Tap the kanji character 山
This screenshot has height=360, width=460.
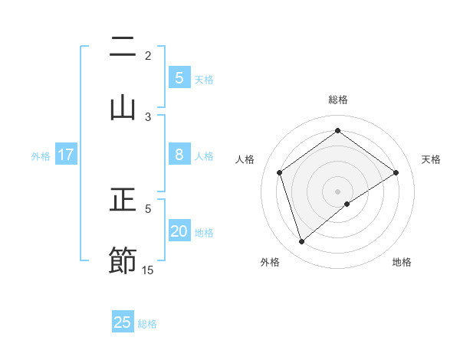[x=123, y=107]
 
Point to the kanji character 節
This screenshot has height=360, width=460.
[x=123, y=260]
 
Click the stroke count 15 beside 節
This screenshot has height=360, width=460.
[x=148, y=270]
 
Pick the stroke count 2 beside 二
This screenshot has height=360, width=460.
[x=148, y=55]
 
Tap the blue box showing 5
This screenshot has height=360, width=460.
[x=179, y=78]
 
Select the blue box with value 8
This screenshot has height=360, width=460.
[x=179, y=155]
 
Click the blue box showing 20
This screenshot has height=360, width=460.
[x=179, y=231]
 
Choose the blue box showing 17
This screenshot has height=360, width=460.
[x=66, y=155]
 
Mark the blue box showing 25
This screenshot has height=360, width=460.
[x=123, y=322]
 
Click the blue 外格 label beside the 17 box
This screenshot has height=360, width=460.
[x=41, y=155]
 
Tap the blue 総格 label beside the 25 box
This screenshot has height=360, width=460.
[x=147, y=323]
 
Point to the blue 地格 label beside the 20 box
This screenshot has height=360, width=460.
[x=204, y=232]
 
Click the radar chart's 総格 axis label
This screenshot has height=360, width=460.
[x=338, y=100]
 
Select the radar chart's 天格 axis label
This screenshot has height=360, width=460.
[x=432, y=159]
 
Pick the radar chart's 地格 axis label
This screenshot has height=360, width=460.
[x=402, y=262]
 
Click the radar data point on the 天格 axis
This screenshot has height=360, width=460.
[x=396, y=172]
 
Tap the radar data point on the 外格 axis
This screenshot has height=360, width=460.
[x=301, y=242]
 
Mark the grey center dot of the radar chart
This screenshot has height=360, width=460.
[x=338, y=191]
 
